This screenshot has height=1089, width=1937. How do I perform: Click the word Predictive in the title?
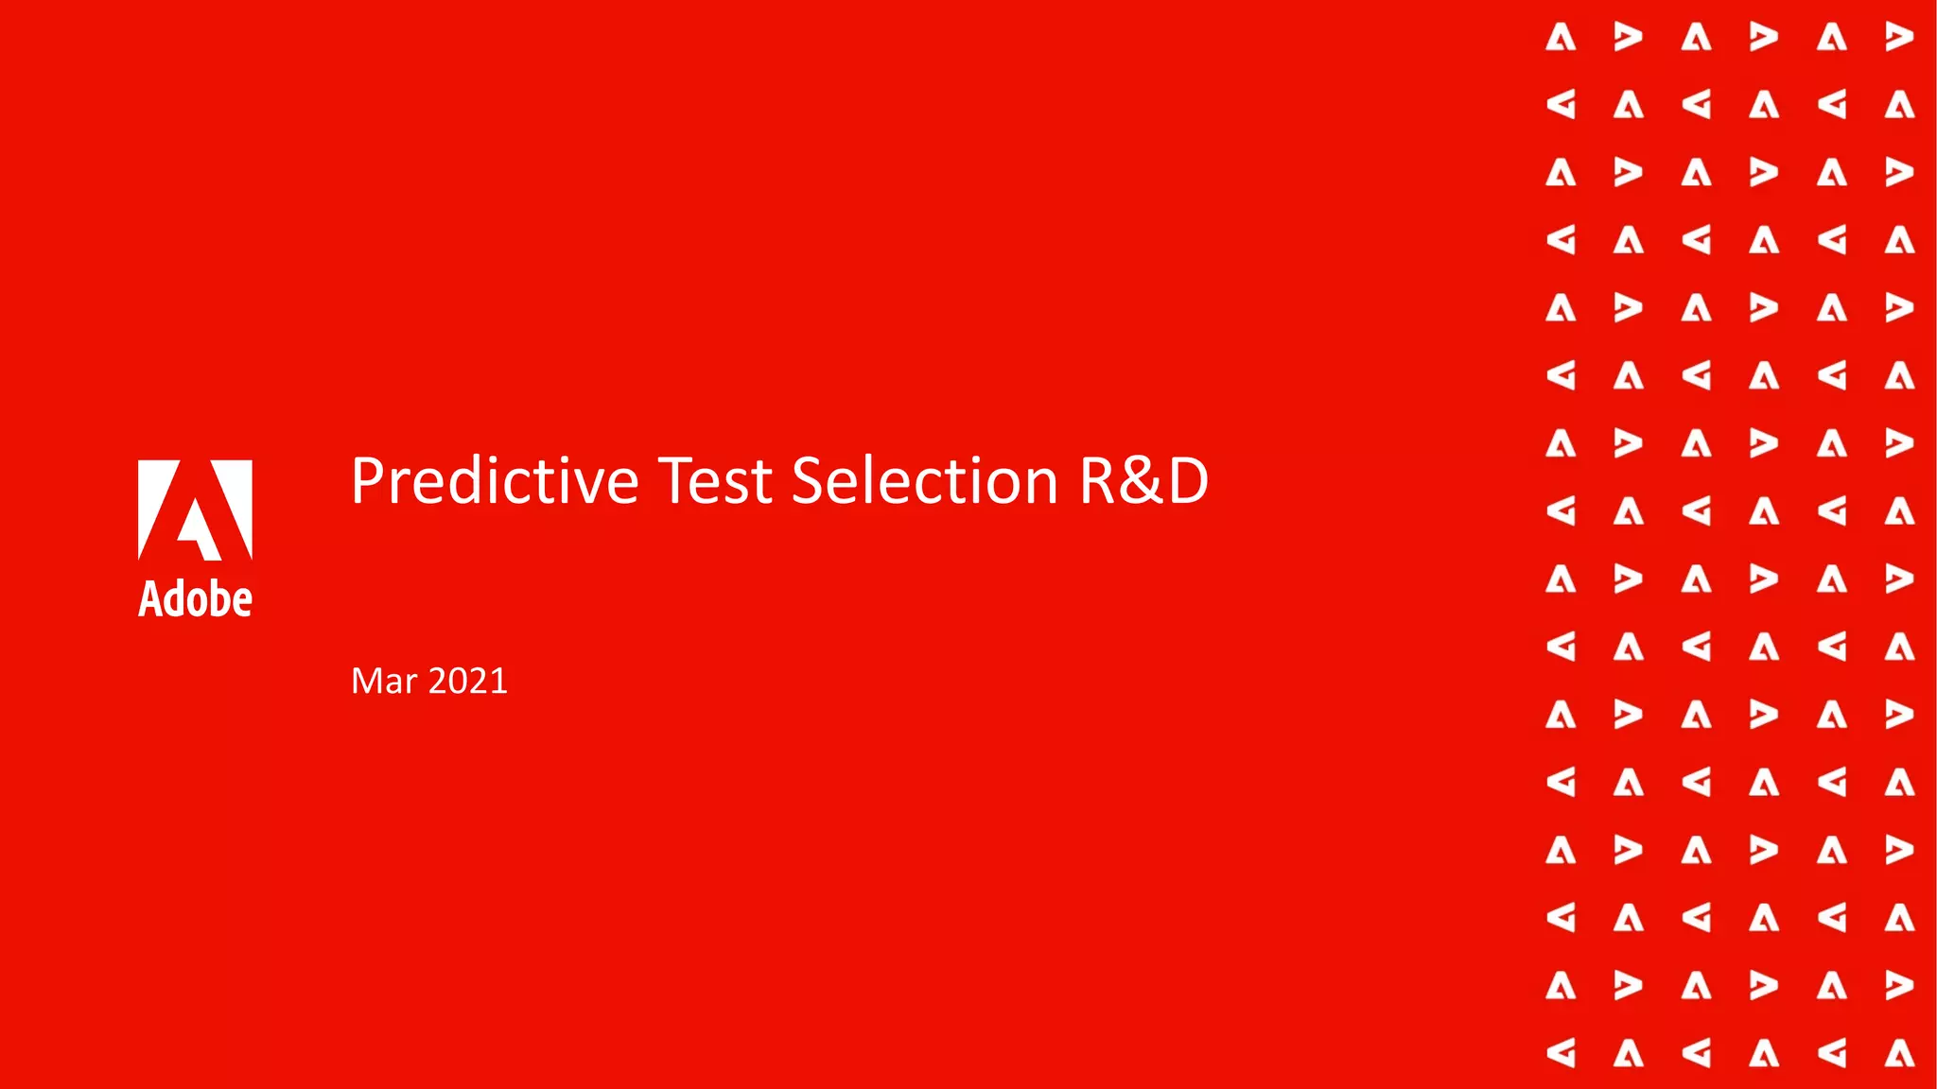pyautogui.click(x=495, y=482)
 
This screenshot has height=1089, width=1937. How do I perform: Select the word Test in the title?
pyautogui.click(x=715, y=482)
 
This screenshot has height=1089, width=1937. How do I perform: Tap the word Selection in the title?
pyautogui.click(x=924, y=482)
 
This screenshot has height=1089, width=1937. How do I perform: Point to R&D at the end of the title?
pyautogui.click(x=1143, y=482)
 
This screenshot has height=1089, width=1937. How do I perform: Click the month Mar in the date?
pyautogui.click(x=384, y=682)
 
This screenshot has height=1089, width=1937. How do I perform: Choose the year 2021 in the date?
pyautogui.click(x=468, y=682)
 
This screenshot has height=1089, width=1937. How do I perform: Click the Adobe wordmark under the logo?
pyautogui.click(x=195, y=599)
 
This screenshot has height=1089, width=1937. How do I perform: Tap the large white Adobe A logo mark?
pyautogui.click(x=195, y=510)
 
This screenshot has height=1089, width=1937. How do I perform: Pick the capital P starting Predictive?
pyautogui.click(x=368, y=482)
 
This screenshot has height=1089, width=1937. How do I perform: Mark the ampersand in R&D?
pyautogui.click(x=1143, y=482)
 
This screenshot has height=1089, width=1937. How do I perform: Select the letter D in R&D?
pyautogui.click(x=1188, y=482)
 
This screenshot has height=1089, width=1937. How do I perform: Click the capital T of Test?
pyautogui.click(x=677, y=482)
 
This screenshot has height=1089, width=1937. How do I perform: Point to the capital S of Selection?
pyautogui.click(x=811, y=482)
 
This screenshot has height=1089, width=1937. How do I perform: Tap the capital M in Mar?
pyautogui.click(x=367, y=682)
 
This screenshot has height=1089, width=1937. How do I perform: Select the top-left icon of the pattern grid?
pyautogui.click(x=1561, y=38)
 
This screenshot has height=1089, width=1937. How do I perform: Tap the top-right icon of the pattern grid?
pyautogui.click(x=1899, y=38)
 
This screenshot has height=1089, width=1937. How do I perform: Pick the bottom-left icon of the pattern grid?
pyautogui.click(x=1561, y=1053)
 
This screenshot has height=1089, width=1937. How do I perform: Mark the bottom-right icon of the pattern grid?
pyautogui.click(x=1899, y=1053)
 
